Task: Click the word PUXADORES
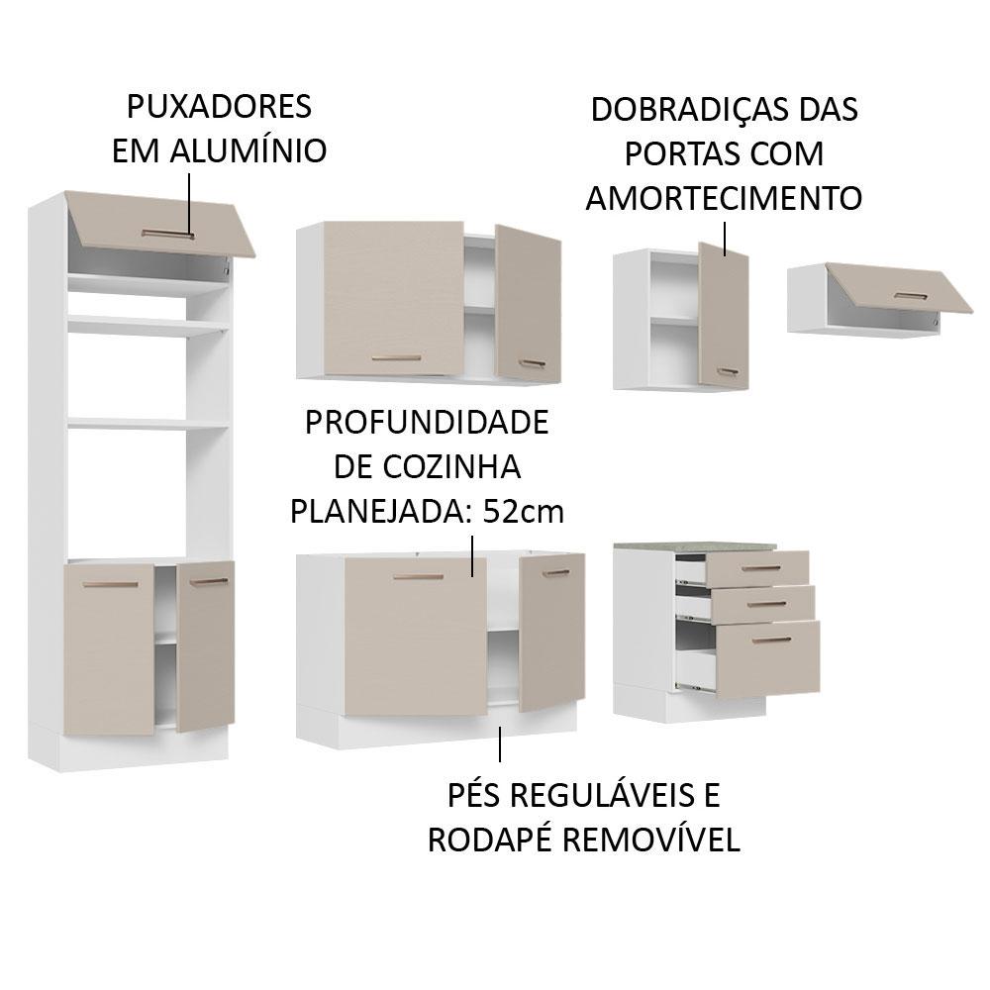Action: pyautogui.click(x=219, y=106)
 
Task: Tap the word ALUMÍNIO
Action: pyautogui.click(x=248, y=150)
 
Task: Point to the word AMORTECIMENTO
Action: pyautogui.click(x=725, y=198)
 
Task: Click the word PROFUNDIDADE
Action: pyautogui.click(x=427, y=423)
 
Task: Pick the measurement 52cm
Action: pyautogui.click(x=524, y=512)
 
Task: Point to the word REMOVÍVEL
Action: pyautogui.click(x=651, y=840)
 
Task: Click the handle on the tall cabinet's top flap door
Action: pyautogui.click(x=168, y=235)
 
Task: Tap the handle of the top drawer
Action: pyautogui.click(x=761, y=568)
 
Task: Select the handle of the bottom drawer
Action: pyautogui.click(x=771, y=641)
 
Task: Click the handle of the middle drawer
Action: pyautogui.click(x=766, y=604)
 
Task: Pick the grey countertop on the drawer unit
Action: pyautogui.click(x=695, y=544)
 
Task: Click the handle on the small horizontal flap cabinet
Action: pyautogui.click(x=911, y=296)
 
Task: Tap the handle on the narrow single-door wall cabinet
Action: pyautogui.click(x=728, y=371)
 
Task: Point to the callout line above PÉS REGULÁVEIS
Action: pyautogui.click(x=500, y=744)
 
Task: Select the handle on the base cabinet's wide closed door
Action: pyautogui.click(x=418, y=577)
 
